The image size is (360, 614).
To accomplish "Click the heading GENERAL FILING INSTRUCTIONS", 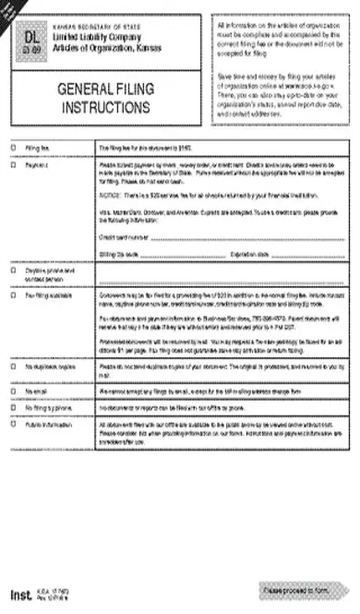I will coord(104,99).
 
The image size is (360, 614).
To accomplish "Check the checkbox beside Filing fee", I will coord(13,147).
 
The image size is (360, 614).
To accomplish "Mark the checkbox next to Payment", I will coord(13,166).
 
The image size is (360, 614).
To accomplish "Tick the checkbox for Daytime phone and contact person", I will coord(13,271).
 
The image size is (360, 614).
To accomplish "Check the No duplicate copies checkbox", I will coord(13,391).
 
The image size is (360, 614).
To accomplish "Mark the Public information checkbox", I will coord(13,452).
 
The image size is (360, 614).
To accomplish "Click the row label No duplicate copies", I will coord(49,391).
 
